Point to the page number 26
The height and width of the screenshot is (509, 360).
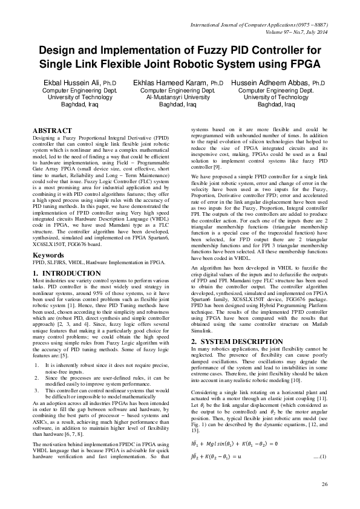coord(324,484)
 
